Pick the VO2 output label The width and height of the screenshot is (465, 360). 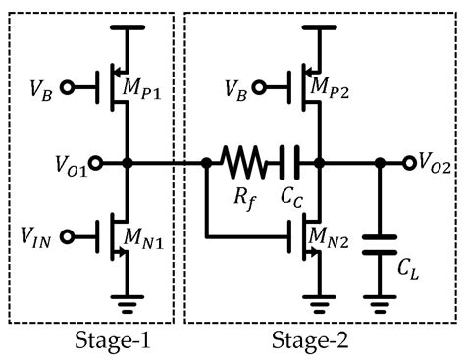(435, 163)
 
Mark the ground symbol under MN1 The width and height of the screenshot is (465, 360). (126, 302)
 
